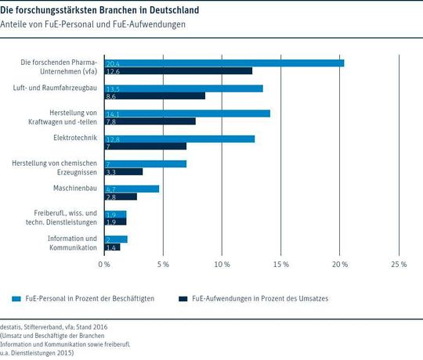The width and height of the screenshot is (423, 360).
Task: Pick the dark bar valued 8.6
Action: click(x=154, y=96)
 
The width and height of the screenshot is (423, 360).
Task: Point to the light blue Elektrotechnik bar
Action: click(x=179, y=139)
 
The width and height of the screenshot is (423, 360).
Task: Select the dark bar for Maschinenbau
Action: click(x=121, y=196)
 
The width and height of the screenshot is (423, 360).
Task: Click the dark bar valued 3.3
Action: click(x=123, y=171)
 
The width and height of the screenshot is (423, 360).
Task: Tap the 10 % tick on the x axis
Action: click(x=222, y=265)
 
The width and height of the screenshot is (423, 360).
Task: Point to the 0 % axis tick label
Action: click(x=104, y=265)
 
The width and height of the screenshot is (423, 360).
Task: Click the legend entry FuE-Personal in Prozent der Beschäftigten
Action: click(x=86, y=298)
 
